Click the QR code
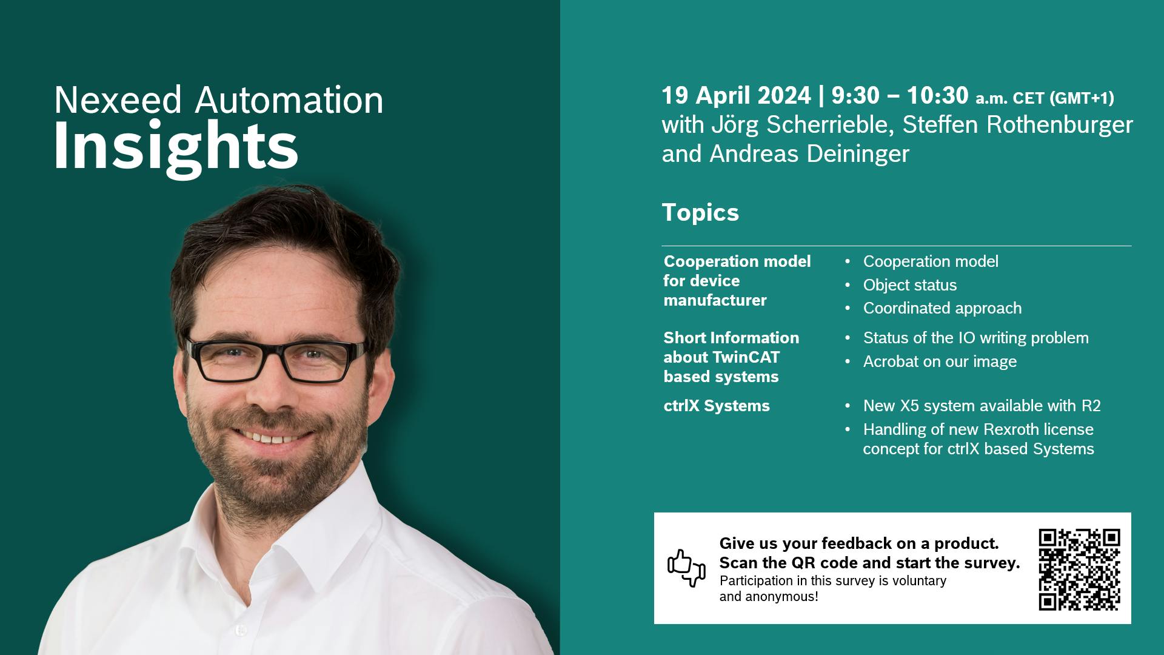(x=1079, y=569)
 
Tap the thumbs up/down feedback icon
(x=686, y=568)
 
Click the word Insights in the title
(x=176, y=147)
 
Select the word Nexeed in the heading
(x=118, y=100)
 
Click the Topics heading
(x=700, y=213)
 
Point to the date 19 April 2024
(x=736, y=96)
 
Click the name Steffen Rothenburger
(x=1017, y=125)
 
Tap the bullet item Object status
(x=910, y=285)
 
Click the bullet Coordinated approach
(x=942, y=308)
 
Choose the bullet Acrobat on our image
(x=940, y=361)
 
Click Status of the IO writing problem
(x=976, y=338)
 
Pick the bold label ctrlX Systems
(x=717, y=406)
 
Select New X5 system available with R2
(x=982, y=406)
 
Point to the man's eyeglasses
(x=276, y=359)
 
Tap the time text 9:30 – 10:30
(x=900, y=96)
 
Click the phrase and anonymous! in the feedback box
(x=769, y=597)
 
